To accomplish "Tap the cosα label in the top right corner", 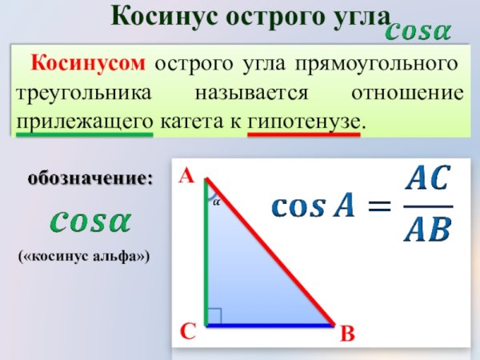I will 418,33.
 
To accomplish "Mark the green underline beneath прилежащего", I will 84,134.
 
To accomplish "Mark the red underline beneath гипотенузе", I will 304,134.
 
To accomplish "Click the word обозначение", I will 90,178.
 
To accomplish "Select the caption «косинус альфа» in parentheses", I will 86,257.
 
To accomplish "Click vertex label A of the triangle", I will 187,175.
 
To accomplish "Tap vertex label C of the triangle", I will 187,330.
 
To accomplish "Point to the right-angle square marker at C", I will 214,317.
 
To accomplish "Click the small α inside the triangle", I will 217,203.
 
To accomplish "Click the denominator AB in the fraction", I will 427,230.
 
